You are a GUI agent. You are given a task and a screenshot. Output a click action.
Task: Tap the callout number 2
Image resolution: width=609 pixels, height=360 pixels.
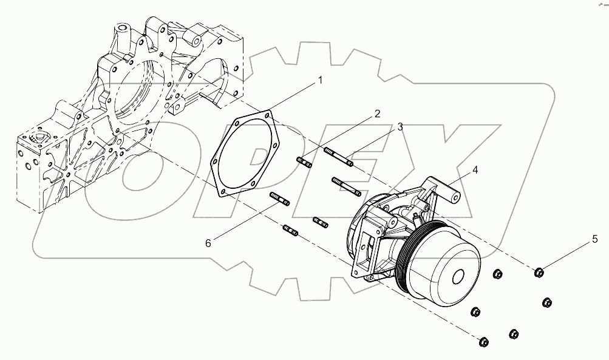(x=376, y=114)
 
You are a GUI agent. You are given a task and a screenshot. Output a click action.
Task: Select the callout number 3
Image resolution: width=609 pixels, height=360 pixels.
(x=400, y=127)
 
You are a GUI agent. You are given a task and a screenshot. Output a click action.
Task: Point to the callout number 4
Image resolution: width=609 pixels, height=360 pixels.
(x=475, y=171)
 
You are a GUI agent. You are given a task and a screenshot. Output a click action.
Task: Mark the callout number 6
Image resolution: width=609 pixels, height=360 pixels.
(x=208, y=243)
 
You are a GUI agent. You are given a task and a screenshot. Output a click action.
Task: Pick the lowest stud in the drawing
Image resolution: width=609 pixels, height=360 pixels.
(x=291, y=231)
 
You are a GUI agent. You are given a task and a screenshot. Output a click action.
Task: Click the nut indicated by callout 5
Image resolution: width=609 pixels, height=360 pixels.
(x=539, y=272)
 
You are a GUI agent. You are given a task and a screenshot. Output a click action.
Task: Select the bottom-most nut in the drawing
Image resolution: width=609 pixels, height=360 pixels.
(x=483, y=342)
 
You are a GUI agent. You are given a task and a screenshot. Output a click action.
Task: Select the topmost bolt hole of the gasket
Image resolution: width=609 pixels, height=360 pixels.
(x=268, y=113)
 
